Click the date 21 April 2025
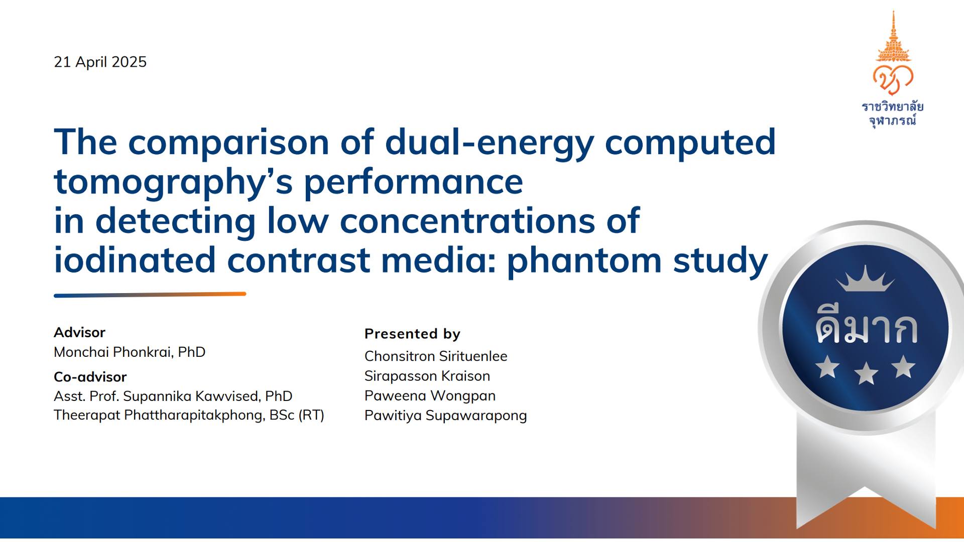click(x=100, y=62)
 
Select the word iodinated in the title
click(x=135, y=260)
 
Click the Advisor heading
click(x=79, y=332)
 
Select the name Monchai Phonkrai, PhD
click(x=130, y=352)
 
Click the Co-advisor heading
click(x=90, y=376)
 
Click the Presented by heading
click(x=412, y=334)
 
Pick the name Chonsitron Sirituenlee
click(x=436, y=356)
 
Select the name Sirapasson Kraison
click(x=427, y=376)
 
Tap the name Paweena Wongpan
click(x=430, y=395)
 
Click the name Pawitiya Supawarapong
click(x=445, y=416)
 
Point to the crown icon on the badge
click(x=865, y=279)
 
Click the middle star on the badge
click(x=866, y=374)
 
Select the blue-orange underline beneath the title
click(x=150, y=295)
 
